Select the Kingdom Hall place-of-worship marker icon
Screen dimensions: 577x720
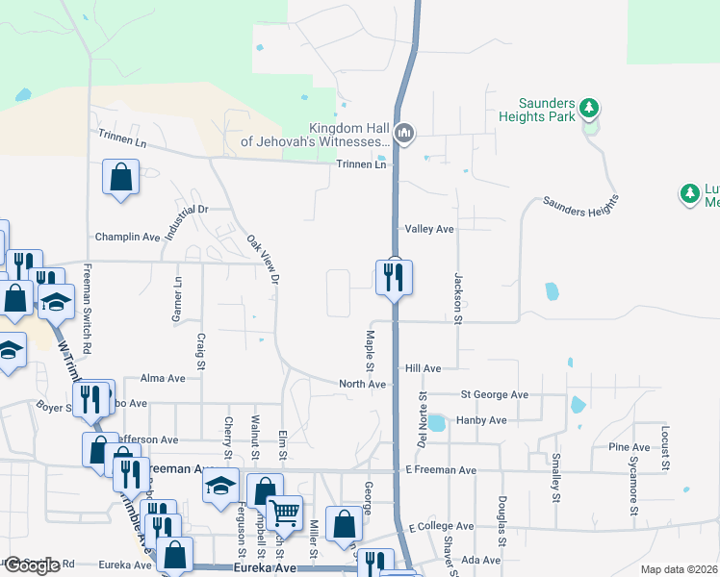coord(404,133)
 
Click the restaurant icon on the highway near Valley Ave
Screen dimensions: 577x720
coord(394,277)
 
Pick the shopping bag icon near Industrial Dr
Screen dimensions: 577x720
coord(120,178)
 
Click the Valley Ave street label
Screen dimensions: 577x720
coord(429,230)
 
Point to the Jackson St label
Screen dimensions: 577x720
coord(458,297)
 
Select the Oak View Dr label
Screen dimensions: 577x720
coord(263,260)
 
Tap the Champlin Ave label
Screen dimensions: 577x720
coord(127,237)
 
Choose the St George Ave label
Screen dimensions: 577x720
coord(495,395)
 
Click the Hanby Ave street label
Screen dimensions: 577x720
coord(482,420)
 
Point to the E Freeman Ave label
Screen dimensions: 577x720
coord(441,470)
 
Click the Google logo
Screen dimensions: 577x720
coord(32,564)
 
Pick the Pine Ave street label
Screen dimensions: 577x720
coord(630,447)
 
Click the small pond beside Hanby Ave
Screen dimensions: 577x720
coord(436,422)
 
